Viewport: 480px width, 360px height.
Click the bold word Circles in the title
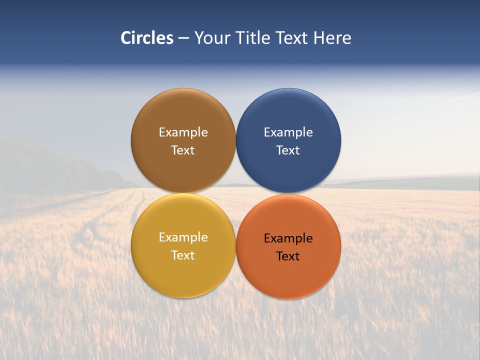tap(147, 38)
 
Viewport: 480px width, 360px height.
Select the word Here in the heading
tap(332, 38)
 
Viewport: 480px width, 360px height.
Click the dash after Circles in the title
tap(183, 38)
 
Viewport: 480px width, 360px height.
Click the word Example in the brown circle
tap(183, 132)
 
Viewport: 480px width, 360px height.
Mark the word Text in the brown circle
tap(183, 150)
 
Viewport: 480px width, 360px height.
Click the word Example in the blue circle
tap(288, 132)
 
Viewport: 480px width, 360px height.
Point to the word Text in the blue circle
tap(288, 150)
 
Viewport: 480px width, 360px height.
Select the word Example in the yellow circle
tap(183, 237)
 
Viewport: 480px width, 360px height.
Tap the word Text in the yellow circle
tap(183, 255)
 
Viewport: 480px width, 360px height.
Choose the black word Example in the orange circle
tap(288, 238)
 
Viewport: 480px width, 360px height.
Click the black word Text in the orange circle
tap(288, 256)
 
